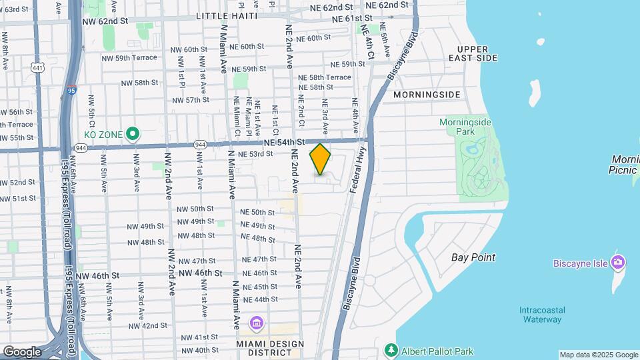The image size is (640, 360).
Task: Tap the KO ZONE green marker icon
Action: point(133,135)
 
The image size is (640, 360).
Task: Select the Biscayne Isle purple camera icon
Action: point(618,262)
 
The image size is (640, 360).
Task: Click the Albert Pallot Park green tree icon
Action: point(392,351)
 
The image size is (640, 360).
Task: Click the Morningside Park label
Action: point(465,128)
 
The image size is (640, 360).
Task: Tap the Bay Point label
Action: point(473,257)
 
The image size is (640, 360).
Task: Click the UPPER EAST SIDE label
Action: point(477,54)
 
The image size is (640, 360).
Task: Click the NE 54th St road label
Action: point(283,142)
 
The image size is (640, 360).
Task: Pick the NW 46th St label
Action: point(97,275)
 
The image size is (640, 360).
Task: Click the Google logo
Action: point(22,352)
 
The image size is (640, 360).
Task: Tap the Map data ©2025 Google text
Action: point(599,355)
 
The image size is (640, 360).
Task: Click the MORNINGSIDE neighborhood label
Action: point(427,95)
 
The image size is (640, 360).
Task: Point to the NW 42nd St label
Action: point(144,325)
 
